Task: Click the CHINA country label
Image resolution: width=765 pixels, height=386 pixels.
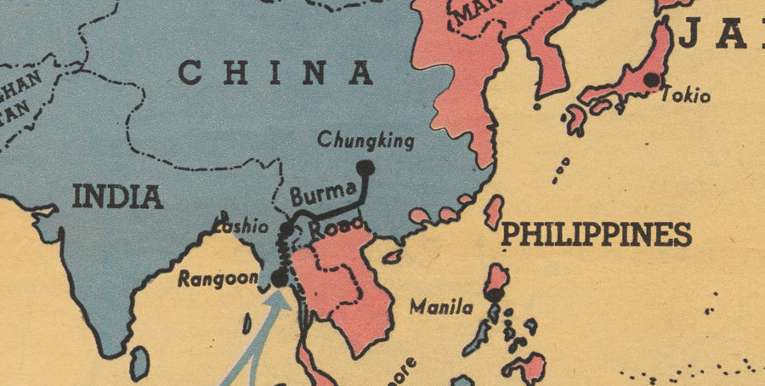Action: pos(275,73)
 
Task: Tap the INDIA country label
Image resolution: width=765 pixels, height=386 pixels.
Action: pos(117,196)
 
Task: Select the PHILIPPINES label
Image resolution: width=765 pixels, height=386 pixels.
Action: pos(596,234)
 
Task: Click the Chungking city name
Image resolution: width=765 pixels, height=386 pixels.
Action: pos(365,140)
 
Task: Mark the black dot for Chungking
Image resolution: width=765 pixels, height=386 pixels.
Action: pos(365,168)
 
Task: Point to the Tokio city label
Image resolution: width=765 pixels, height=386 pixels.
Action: pos(685,95)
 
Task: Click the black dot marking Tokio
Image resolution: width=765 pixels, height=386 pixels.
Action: pos(651,80)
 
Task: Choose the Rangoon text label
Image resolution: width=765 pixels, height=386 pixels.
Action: pos(218,278)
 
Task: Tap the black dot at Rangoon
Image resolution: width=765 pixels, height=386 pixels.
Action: pos(279,278)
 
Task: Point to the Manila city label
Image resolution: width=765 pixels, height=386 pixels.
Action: pos(441,307)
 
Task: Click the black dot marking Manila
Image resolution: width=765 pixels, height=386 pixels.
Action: pos(495,295)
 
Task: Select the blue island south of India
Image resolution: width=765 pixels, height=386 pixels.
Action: pos(139,363)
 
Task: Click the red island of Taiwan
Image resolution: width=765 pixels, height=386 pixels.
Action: pos(493,212)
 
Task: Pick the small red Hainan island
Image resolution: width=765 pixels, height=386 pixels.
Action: pos(392,256)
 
